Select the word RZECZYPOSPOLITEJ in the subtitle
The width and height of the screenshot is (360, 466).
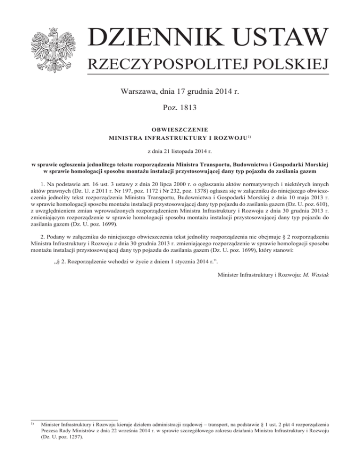click(158, 65)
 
